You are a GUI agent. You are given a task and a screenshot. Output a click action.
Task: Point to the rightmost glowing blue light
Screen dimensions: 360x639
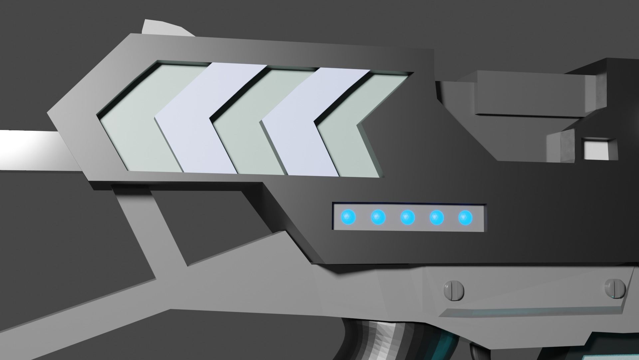click(465, 218)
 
